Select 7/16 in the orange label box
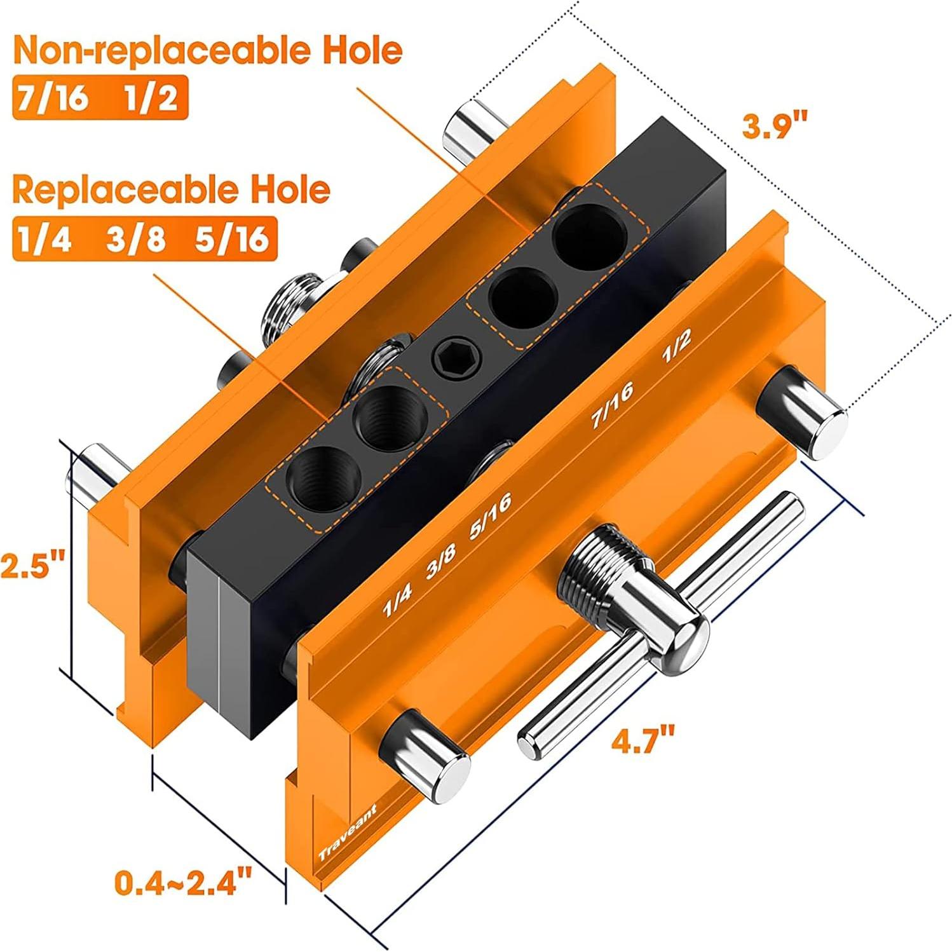(x=53, y=99)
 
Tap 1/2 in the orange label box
(x=150, y=99)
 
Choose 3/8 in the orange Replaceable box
(x=135, y=240)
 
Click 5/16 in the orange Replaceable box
(x=231, y=240)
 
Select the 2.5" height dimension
(x=32, y=564)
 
